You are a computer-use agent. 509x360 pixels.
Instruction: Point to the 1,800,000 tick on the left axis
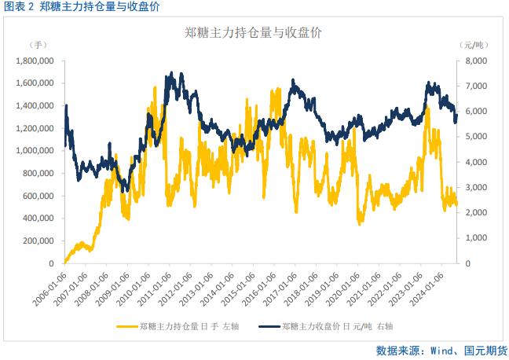(35, 61)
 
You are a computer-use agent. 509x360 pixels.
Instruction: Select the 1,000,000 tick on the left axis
(35, 151)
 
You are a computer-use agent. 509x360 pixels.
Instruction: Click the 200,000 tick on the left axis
(38, 241)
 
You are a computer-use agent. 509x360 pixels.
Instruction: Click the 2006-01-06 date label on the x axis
(51, 292)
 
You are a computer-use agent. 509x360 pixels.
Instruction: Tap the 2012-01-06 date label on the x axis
(174, 292)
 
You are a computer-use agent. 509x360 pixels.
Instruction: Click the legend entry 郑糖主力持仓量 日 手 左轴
(186, 325)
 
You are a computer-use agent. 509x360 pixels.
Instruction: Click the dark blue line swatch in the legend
(268, 325)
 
